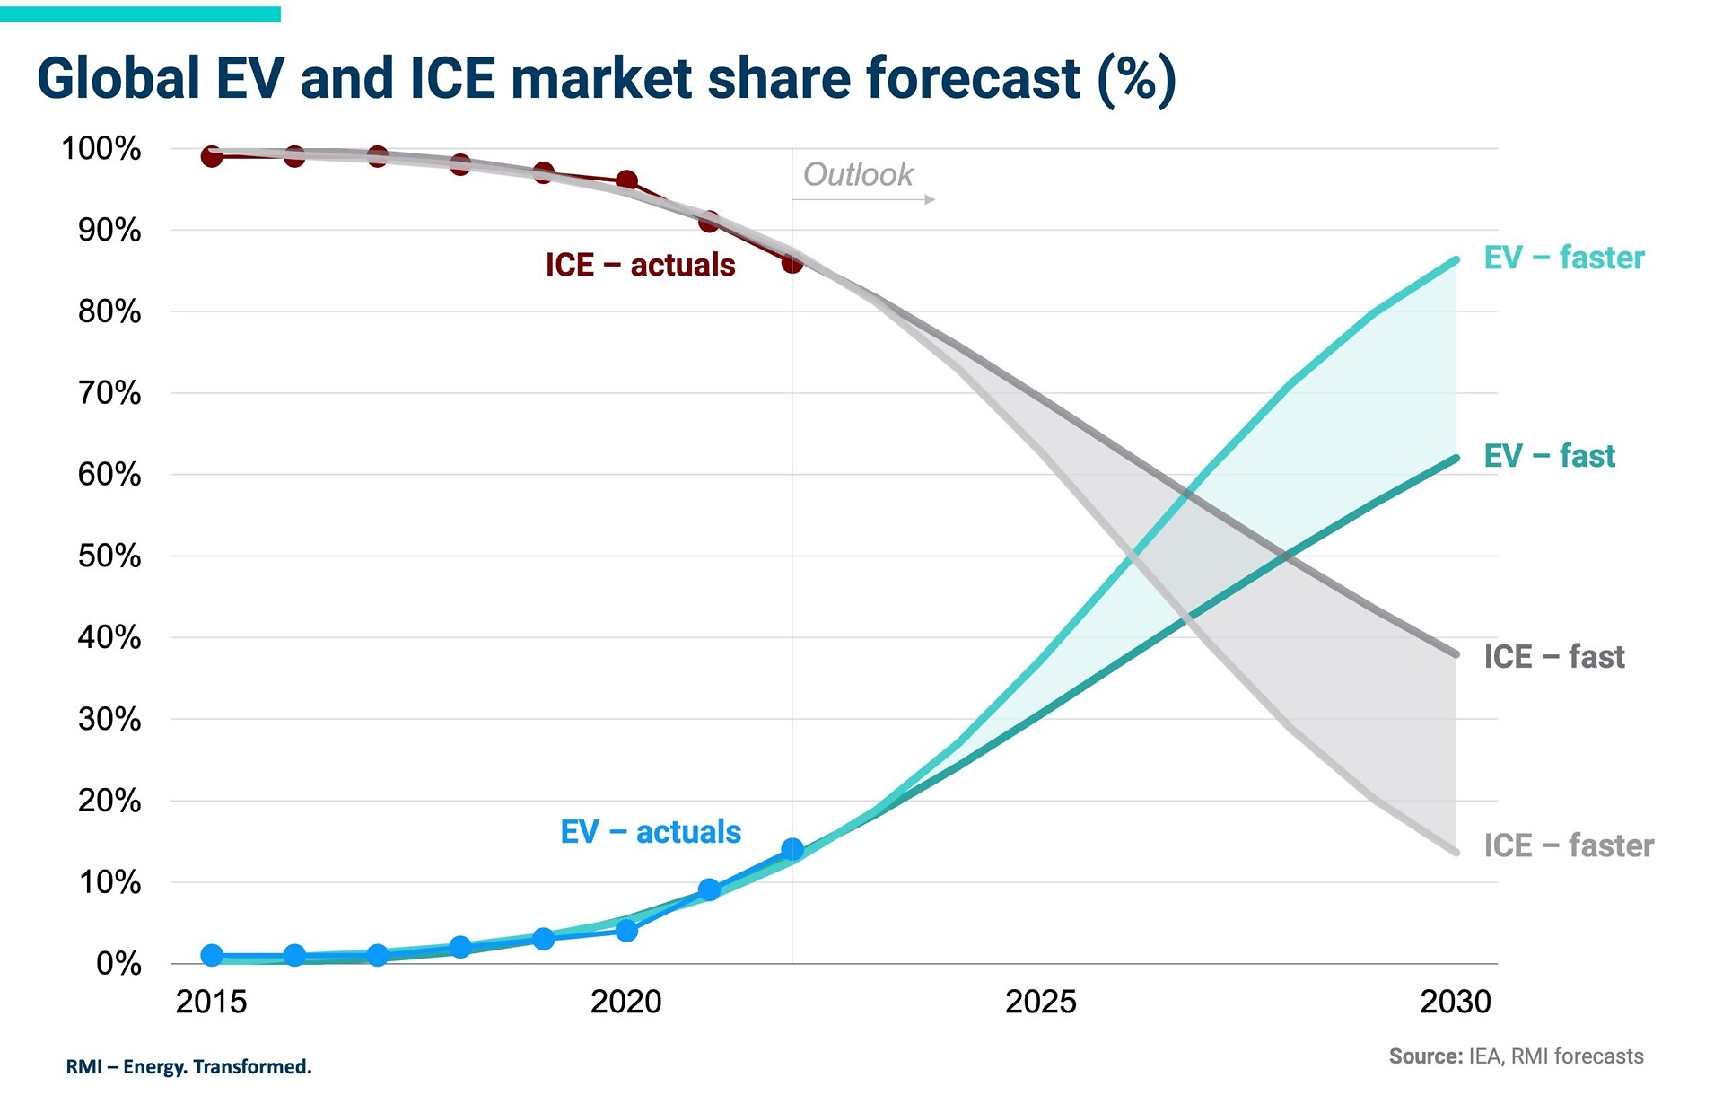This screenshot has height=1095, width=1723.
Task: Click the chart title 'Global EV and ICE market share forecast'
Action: click(606, 78)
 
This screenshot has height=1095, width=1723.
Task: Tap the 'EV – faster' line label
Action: click(1563, 258)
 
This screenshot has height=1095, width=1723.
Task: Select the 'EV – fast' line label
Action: click(1549, 456)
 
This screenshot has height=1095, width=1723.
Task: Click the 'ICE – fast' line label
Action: click(1553, 657)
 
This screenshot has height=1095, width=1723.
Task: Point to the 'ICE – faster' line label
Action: click(1568, 845)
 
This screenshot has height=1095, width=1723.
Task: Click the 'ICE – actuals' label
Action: click(640, 265)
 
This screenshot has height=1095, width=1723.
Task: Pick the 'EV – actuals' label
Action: click(651, 832)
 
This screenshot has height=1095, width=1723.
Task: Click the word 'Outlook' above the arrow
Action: click(857, 174)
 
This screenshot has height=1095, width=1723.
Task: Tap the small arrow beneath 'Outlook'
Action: click(930, 199)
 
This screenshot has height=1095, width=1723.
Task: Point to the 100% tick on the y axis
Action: click(101, 149)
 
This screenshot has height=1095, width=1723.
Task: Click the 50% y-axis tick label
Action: click(109, 556)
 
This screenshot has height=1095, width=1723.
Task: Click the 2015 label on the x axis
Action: click(211, 1002)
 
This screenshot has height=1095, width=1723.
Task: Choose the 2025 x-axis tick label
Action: click(1040, 1002)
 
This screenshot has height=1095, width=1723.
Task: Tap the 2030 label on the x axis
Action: click(1455, 1002)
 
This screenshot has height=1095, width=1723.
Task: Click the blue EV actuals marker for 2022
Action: click(792, 849)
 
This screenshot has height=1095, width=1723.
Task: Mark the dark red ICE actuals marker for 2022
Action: click(792, 262)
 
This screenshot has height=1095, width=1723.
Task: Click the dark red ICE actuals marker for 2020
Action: click(626, 180)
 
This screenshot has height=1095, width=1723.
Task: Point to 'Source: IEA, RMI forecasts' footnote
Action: click(1516, 1056)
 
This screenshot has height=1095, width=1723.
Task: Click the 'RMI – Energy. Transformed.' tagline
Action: click(188, 1067)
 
